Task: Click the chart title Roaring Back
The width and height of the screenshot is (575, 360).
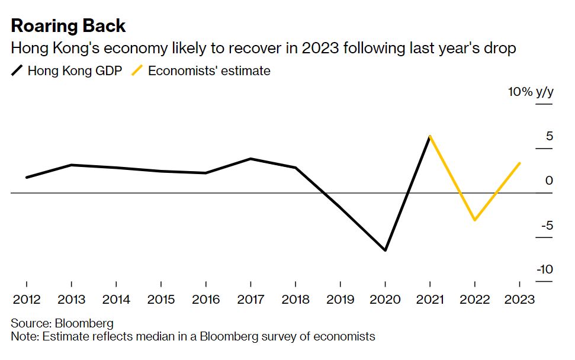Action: pos(68,25)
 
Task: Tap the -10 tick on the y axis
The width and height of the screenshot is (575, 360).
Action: pos(544,269)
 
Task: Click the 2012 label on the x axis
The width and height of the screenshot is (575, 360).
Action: pos(26,299)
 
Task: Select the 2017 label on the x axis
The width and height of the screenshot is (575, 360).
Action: pos(250,299)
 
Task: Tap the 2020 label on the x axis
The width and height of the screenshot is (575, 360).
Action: pos(386,299)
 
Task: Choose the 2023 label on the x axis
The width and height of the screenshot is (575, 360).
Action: pos(520,299)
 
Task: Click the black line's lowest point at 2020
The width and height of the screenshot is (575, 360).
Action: pos(386,250)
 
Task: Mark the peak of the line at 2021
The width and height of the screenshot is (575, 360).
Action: pos(430,136)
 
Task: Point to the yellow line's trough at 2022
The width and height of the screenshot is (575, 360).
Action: pos(475,220)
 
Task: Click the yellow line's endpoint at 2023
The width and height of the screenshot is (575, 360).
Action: pos(520,163)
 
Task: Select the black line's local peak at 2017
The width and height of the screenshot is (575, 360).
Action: pos(250,159)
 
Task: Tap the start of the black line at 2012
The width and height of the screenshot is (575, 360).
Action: pos(27,177)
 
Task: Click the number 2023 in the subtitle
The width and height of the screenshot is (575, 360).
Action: pos(320,48)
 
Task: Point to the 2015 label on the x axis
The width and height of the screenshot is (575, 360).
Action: pos(160,299)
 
